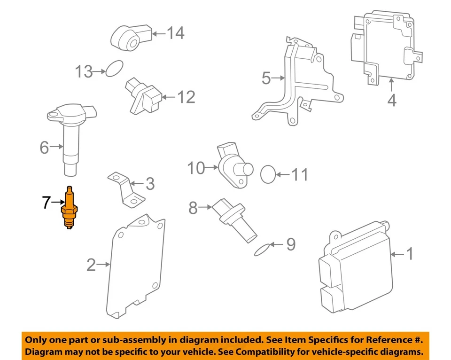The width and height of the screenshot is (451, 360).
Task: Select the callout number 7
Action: (46, 203)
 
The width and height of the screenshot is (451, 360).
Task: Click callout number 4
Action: (391, 100)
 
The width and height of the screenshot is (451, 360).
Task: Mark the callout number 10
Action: (196, 167)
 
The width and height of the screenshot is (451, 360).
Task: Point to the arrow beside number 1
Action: (397, 254)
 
